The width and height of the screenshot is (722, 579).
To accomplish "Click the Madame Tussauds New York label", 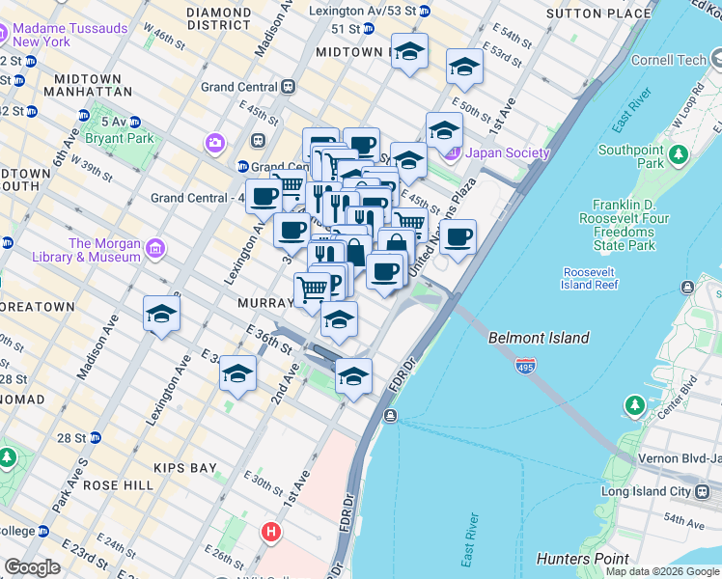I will pos(69,36).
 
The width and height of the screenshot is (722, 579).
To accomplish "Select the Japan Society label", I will pos(508,152).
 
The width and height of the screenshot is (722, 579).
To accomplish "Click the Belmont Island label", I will pos(539,338).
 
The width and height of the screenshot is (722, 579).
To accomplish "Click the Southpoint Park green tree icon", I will pos(679,153).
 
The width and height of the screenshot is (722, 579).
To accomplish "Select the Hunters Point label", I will pos(589,559).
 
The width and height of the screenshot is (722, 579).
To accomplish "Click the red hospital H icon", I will pos(271,531).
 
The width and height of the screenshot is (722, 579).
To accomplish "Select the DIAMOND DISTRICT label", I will pos(218,18).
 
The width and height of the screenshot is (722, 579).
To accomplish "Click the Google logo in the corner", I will pos(32,567).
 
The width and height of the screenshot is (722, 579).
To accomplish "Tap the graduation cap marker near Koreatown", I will pos(161,314).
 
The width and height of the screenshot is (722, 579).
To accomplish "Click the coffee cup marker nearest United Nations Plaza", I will pos(458,236).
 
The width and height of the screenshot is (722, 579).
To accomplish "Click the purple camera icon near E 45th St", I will pos(214,144).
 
